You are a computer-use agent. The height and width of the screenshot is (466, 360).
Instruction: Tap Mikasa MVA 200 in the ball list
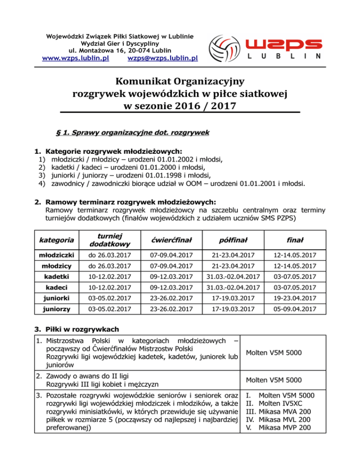286,412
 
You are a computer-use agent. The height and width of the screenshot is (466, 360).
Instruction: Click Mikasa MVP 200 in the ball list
286,428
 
